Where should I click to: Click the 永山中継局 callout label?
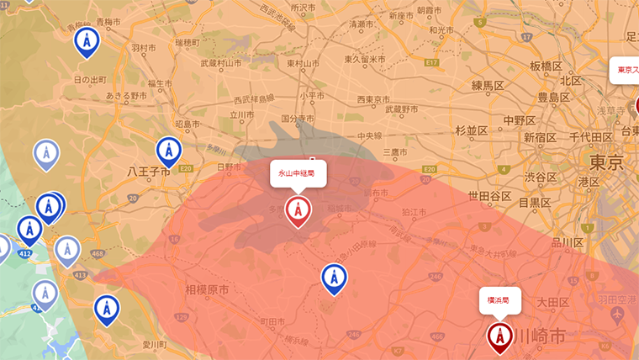tap(297, 173)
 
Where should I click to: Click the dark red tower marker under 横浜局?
tap(500, 336)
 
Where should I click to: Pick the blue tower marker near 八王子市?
tap(169, 151)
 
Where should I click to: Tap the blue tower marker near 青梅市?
tap(86, 40)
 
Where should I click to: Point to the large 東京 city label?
tap(605, 161)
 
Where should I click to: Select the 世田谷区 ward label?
tap(490, 196)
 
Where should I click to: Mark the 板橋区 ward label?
tap(546, 66)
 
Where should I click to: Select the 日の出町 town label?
tap(90, 80)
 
